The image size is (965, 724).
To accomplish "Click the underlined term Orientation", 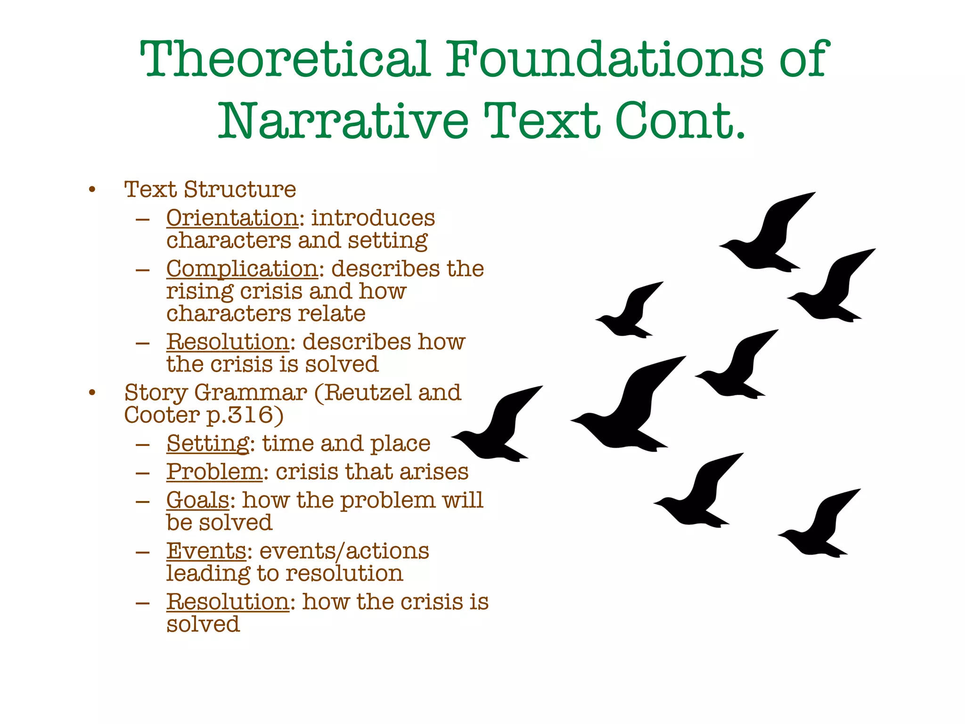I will click(x=232, y=218).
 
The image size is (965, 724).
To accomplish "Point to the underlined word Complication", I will click(x=242, y=269).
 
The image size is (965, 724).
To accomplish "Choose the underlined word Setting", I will click(x=208, y=444).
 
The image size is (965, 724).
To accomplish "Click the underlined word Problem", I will click(x=214, y=472).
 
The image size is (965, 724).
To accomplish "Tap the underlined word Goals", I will click(x=198, y=500).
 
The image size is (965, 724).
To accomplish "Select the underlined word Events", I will click(x=206, y=551).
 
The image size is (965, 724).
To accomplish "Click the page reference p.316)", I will click(x=245, y=415).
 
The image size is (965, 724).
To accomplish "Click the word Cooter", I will click(x=162, y=415).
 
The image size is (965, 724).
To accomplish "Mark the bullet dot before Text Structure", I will click(x=92, y=190).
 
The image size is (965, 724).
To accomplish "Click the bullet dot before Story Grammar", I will click(x=92, y=393).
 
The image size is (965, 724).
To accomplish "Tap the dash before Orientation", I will click(x=142, y=219).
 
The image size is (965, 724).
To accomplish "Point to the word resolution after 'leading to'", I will click(x=344, y=574).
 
